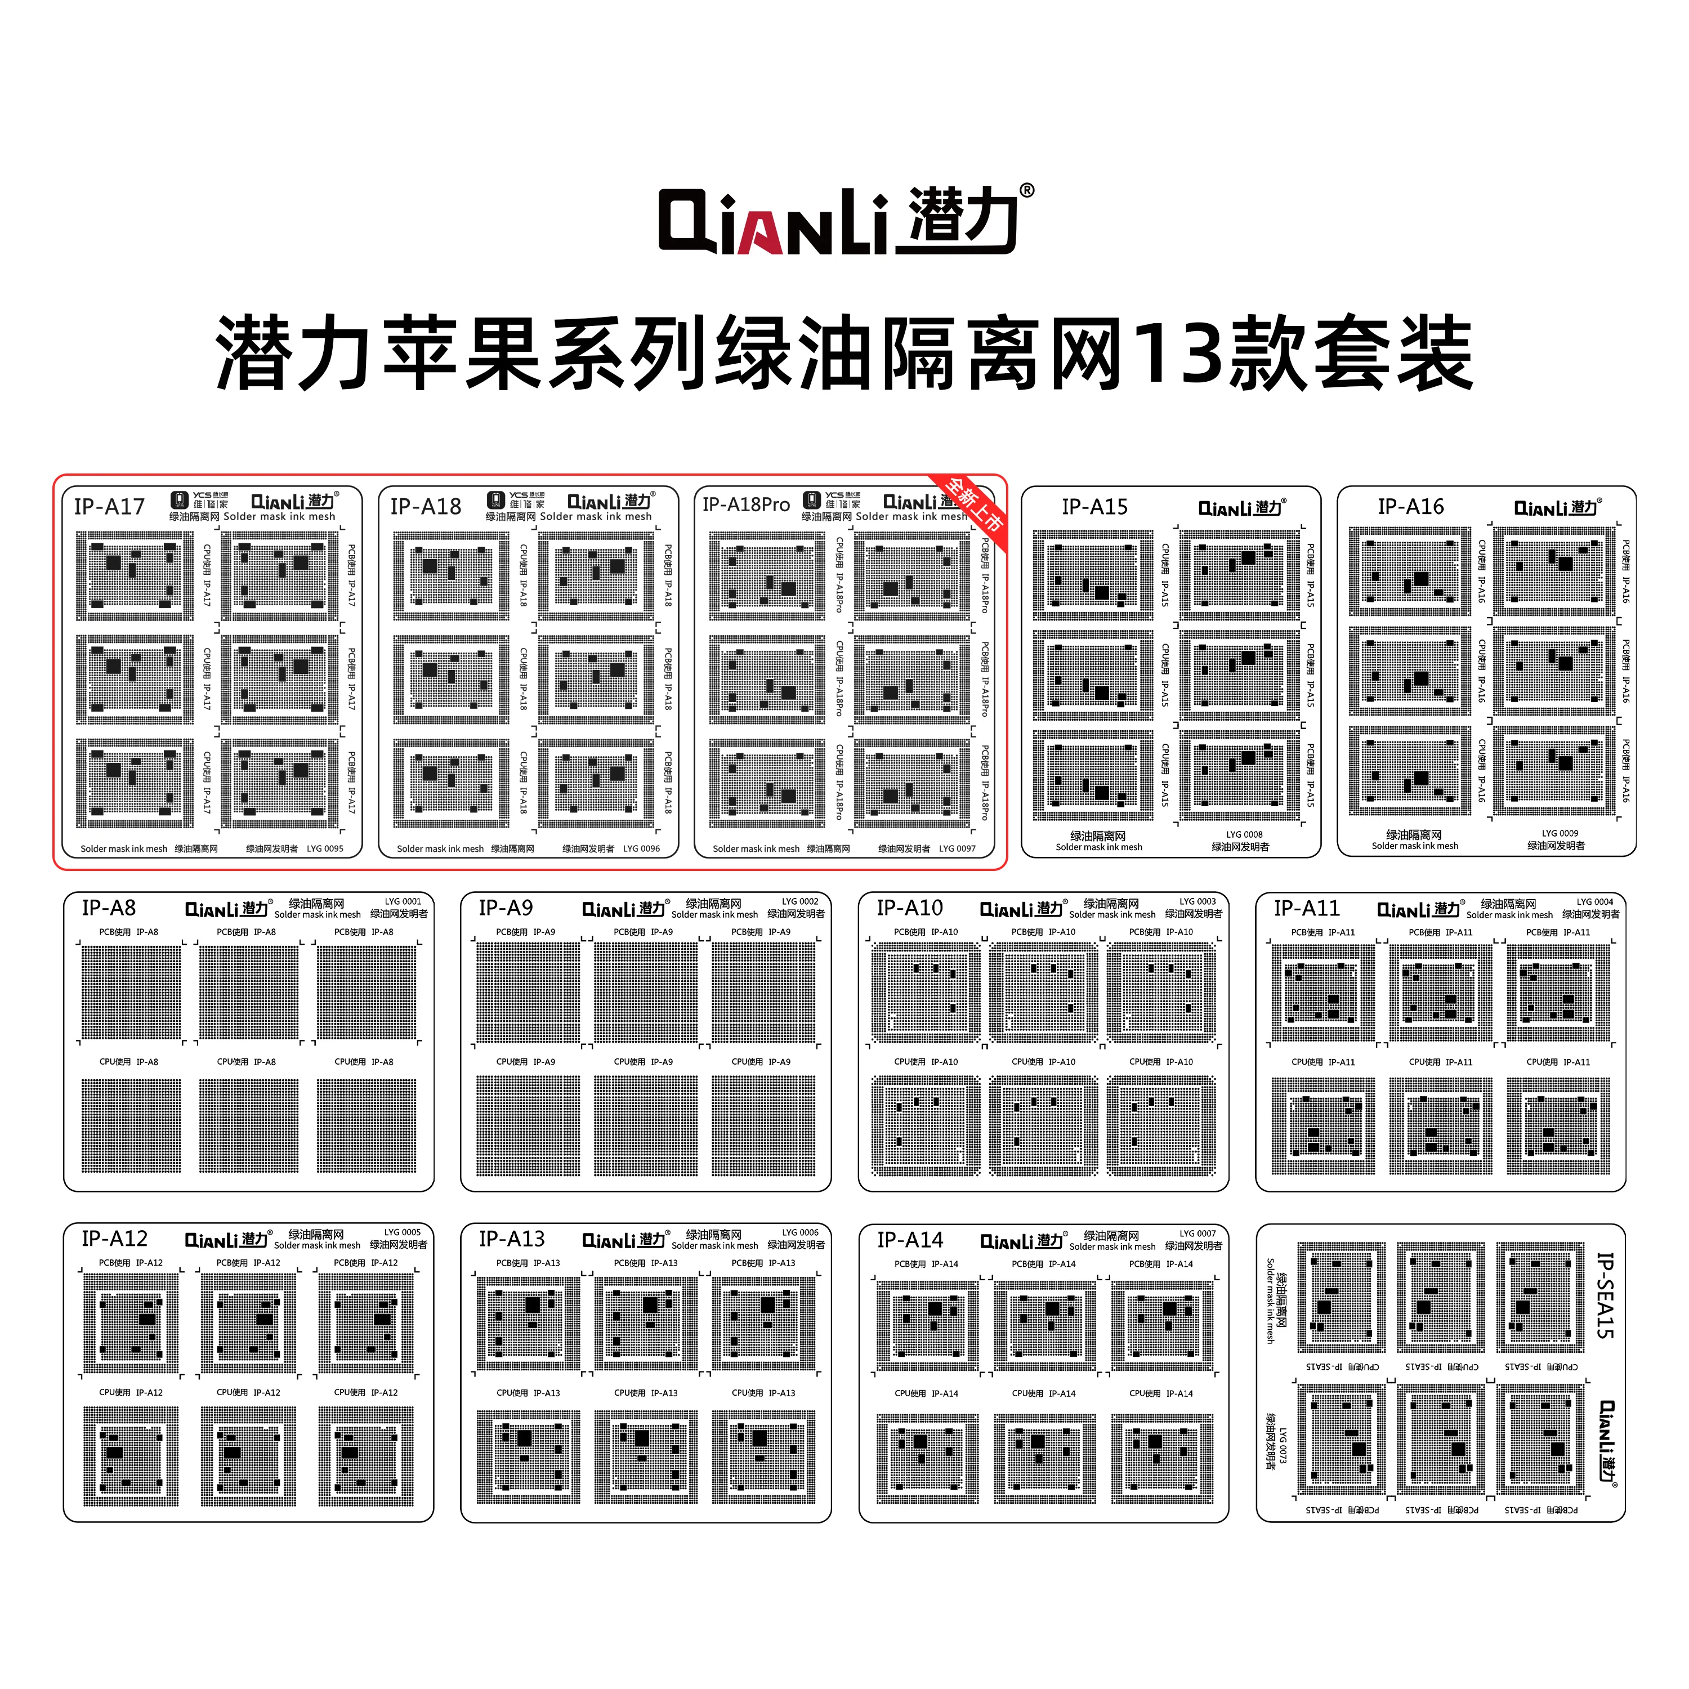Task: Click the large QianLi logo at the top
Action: (844, 220)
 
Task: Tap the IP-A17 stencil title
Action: (109, 507)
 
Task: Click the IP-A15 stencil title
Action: (1094, 507)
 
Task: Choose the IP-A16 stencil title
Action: (1411, 507)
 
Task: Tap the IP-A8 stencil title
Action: (109, 908)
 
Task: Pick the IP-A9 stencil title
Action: (506, 908)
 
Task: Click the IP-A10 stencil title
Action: (910, 908)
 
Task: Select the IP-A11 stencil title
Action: (1306, 908)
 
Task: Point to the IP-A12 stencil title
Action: (114, 1239)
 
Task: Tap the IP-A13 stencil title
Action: (511, 1239)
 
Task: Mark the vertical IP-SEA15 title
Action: (1604, 1295)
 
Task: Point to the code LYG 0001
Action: (403, 901)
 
